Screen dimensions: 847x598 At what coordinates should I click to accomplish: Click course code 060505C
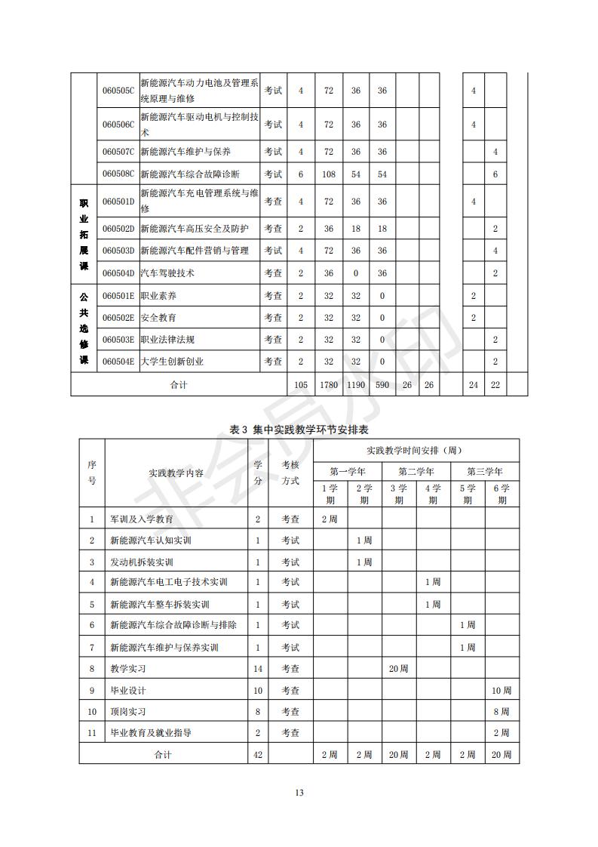(x=118, y=91)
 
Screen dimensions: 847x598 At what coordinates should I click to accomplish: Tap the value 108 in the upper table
(x=329, y=174)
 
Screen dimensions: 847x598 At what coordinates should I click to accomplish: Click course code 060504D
(x=118, y=273)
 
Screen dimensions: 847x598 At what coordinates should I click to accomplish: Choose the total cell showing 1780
(x=329, y=385)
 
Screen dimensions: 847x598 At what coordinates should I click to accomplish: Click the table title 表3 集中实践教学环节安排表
(x=299, y=429)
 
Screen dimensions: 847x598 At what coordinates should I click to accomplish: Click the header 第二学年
(x=416, y=471)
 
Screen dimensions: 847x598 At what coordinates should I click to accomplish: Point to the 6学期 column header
(x=501, y=494)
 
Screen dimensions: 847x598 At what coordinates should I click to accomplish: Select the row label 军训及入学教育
(x=142, y=519)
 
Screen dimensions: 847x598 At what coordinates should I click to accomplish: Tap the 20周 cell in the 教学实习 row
(x=399, y=669)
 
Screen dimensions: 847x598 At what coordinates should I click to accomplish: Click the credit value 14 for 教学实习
(x=258, y=669)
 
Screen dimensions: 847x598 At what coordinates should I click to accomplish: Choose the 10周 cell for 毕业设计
(x=501, y=690)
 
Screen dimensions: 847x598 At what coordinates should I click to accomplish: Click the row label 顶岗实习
(x=128, y=711)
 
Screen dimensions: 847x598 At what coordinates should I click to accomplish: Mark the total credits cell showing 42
(x=258, y=754)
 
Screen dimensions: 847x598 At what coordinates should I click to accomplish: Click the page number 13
(x=299, y=792)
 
